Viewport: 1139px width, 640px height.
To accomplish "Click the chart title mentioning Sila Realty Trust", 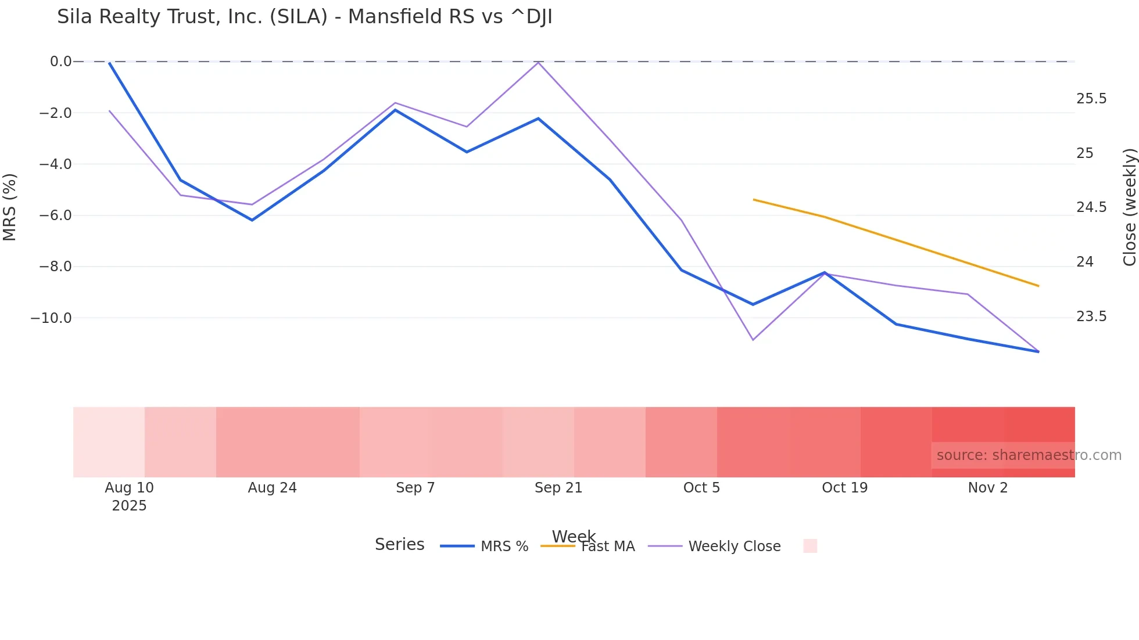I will (305, 17).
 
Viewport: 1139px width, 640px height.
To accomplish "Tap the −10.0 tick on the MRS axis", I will (51, 318).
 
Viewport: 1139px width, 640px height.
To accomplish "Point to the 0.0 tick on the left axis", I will (60, 62).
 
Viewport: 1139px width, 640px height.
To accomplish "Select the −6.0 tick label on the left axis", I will (55, 215).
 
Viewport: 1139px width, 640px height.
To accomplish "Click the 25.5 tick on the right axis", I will (1091, 99).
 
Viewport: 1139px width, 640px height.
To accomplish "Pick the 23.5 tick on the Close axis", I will (1091, 317).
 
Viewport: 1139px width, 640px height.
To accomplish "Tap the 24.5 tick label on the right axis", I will (1091, 207).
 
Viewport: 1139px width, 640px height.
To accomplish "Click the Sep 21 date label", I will (558, 488).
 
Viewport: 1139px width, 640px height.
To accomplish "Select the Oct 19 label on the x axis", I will (844, 488).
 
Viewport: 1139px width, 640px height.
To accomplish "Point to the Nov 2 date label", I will (987, 488).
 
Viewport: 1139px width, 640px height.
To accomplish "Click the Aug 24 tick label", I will (272, 488).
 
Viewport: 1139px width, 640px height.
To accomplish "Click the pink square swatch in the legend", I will (810, 546).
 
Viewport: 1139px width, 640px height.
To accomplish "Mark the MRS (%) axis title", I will (10, 207).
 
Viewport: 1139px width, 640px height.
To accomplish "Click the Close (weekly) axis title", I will (1129, 207).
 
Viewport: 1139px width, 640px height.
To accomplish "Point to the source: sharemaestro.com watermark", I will (1029, 455).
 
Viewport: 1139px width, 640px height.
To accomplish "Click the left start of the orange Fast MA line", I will (754, 200).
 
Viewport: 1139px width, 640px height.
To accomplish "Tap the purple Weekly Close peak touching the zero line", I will (539, 62).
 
